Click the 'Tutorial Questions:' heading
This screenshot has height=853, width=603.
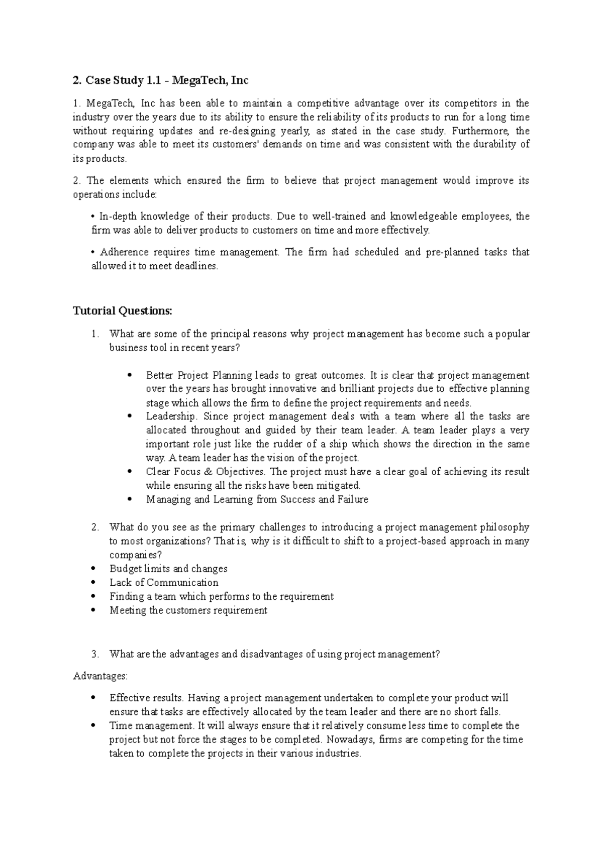point(123,311)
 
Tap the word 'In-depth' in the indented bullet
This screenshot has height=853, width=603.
point(118,217)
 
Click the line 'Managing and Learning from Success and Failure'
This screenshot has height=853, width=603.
point(257,500)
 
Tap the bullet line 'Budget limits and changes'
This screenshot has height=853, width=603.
point(168,569)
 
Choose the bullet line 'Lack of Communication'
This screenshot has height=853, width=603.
point(164,583)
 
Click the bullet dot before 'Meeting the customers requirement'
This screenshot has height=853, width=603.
point(93,611)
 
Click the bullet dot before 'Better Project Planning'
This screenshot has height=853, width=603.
point(130,375)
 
